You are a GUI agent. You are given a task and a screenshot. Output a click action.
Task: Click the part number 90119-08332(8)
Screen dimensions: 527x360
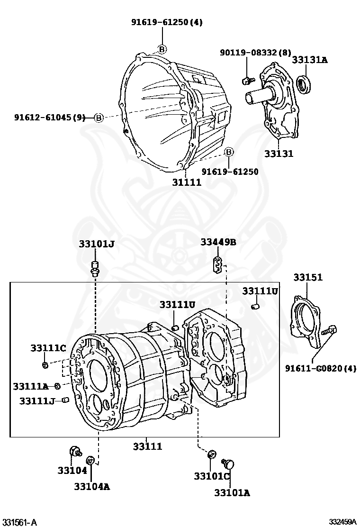pyautogui.click(x=255, y=53)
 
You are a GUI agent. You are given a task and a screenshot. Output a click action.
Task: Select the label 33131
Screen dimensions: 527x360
pyautogui.click(x=279, y=154)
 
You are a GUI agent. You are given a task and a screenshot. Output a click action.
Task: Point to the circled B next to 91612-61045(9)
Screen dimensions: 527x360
pyautogui.click(x=99, y=118)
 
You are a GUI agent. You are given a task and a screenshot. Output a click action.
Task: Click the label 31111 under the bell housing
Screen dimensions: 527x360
pyautogui.click(x=187, y=182)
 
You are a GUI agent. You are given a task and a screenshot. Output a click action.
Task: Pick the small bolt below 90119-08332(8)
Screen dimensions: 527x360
pyautogui.click(x=246, y=80)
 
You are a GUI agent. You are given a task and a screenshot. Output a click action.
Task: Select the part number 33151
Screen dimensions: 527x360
pyautogui.click(x=307, y=277)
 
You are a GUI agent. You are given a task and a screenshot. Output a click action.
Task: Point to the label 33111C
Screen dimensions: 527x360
pyautogui.click(x=48, y=348)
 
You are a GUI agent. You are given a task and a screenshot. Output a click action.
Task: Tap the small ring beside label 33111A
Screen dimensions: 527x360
pyautogui.click(x=57, y=386)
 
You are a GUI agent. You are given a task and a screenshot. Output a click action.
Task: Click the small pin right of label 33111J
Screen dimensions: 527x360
pyautogui.click(x=66, y=401)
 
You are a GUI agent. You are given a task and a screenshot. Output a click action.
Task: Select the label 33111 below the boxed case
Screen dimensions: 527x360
pyautogui.click(x=147, y=446)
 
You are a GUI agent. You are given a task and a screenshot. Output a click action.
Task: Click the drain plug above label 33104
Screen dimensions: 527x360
pyautogui.click(x=74, y=451)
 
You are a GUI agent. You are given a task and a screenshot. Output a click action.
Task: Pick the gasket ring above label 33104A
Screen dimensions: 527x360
pyautogui.click(x=90, y=460)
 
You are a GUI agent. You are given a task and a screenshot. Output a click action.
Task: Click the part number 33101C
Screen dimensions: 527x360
pyautogui.click(x=211, y=476)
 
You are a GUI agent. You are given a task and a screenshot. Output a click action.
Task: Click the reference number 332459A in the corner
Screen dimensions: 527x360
pyautogui.click(x=343, y=522)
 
